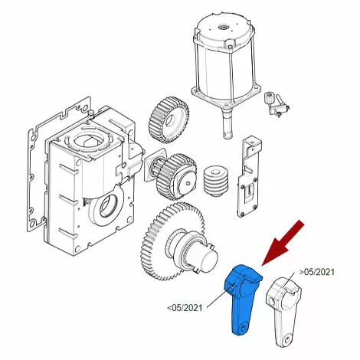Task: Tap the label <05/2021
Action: pos(185,308)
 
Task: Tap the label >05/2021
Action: pos(316,272)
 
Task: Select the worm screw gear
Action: pos(215,182)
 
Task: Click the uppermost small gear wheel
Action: pos(169,120)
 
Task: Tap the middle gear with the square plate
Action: pos(173,177)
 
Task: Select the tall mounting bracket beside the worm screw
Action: pos(250,176)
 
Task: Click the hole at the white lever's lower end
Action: pos(288,340)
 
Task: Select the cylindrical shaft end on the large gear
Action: pos(208,260)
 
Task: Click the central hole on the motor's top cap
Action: pos(221,27)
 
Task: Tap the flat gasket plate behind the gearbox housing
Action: pos(58,163)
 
